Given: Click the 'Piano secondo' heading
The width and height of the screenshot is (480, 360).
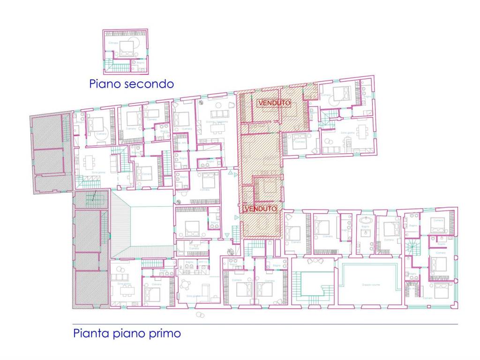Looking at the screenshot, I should (131, 84).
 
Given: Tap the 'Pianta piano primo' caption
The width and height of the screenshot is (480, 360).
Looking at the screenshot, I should (127, 334).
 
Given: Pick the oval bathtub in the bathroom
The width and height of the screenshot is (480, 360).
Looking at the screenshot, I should (365, 220).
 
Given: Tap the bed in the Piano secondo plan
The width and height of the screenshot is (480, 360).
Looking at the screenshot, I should (126, 47).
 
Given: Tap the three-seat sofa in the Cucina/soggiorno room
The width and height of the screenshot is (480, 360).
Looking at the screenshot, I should (217, 114).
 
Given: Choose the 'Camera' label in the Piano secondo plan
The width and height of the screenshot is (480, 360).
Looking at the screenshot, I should (113, 43).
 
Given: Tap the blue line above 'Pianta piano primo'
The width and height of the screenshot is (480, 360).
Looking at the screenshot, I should (265, 324).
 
